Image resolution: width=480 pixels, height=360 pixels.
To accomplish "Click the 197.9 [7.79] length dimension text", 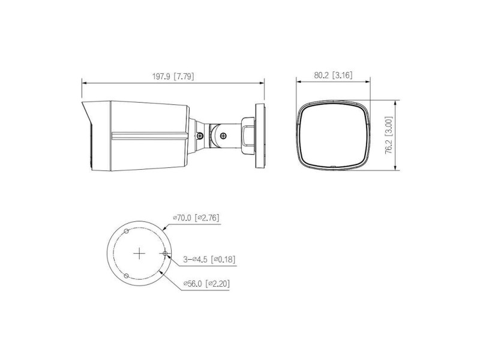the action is click(x=173, y=76).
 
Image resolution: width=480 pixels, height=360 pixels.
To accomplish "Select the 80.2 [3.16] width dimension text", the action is click(x=333, y=75).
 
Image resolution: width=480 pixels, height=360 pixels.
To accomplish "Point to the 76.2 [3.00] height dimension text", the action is click(x=388, y=135).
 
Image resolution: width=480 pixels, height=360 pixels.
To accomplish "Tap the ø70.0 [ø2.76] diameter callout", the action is click(x=196, y=218).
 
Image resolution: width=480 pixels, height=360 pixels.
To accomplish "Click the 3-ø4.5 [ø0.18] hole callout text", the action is click(x=209, y=260).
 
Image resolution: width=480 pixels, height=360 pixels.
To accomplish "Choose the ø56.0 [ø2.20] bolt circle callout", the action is click(x=206, y=284).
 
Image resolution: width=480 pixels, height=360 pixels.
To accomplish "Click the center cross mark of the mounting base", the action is click(x=139, y=253).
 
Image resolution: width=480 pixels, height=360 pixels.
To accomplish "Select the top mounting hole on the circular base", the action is click(x=126, y=231).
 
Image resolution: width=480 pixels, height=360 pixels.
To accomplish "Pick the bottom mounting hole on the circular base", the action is click(x=126, y=276).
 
